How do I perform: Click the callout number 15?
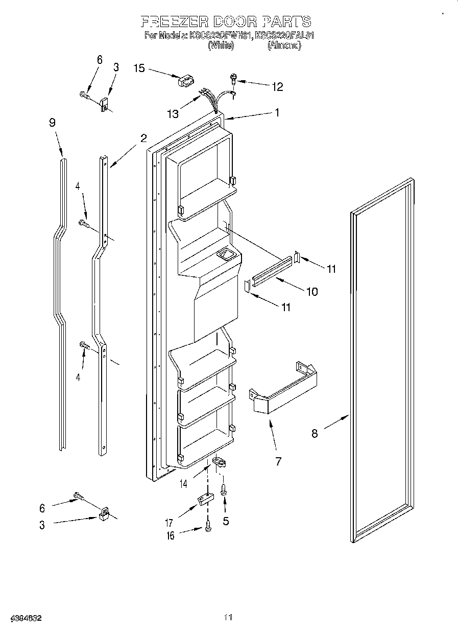click(x=139, y=68)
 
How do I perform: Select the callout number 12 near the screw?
click(x=277, y=86)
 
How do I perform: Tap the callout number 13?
click(x=173, y=114)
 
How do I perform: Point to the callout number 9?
click(x=52, y=123)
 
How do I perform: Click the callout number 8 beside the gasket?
click(x=315, y=434)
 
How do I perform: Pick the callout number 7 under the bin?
click(x=278, y=462)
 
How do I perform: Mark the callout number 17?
click(x=169, y=523)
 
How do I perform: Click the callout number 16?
click(x=170, y=535)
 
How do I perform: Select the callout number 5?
click(x=225, y=522)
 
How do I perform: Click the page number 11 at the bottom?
click(x=229, y=618)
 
